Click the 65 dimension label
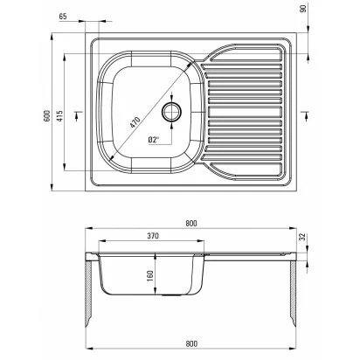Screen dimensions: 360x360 [x=63, y=17]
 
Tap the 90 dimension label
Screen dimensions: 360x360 [x=303, y=9]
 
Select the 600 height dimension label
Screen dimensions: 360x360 [x=47, y=115]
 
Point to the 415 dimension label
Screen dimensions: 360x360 [x=59, y=115]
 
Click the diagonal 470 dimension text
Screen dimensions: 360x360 [x=135, y=122]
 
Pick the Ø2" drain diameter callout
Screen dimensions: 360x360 [x=153, y=140]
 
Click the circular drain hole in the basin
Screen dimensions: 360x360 [x=172, y=112]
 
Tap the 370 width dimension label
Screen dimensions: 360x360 [x=153, y=236]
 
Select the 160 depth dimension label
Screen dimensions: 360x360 [x=150, y=275]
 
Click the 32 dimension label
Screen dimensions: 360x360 [x=303, y=237]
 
